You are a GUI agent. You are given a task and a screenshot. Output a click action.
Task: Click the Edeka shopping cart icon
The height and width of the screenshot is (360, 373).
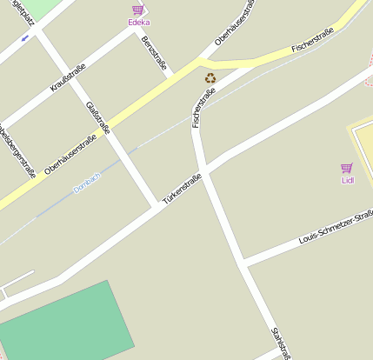pyautogui.click(x=137, y=10)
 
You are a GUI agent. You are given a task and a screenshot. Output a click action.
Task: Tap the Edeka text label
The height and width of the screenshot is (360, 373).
pyautogui.click(x=138, y=23)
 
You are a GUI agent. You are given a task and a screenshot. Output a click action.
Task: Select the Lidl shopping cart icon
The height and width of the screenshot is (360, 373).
pyautogui.click(x=347, y=167)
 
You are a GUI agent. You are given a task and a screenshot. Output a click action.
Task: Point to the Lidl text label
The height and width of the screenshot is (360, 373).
pyautogui.click(x=348, y=180)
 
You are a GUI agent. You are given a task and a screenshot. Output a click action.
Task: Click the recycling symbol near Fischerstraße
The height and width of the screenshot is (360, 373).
pyautogui.click(x=210, y=78)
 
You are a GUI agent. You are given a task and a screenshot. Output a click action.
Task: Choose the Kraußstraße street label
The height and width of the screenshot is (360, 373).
pyautogui.click(x=68, y=77)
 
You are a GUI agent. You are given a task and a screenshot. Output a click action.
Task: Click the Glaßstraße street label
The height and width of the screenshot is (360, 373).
pyautogui.click(x=98, y=119)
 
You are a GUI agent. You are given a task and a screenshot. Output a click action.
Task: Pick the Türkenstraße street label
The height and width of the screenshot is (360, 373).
pyautogui.click(x=182, y=189)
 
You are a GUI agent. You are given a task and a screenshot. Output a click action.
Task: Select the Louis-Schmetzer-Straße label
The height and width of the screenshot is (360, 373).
pyautogui.click(x=336, y=226)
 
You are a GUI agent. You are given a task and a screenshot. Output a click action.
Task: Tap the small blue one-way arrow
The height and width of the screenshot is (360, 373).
pyautogui.click(x=24, y=37)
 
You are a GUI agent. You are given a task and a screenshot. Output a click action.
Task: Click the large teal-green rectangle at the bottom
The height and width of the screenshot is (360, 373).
pyautogui.click(x=65, y=322)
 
